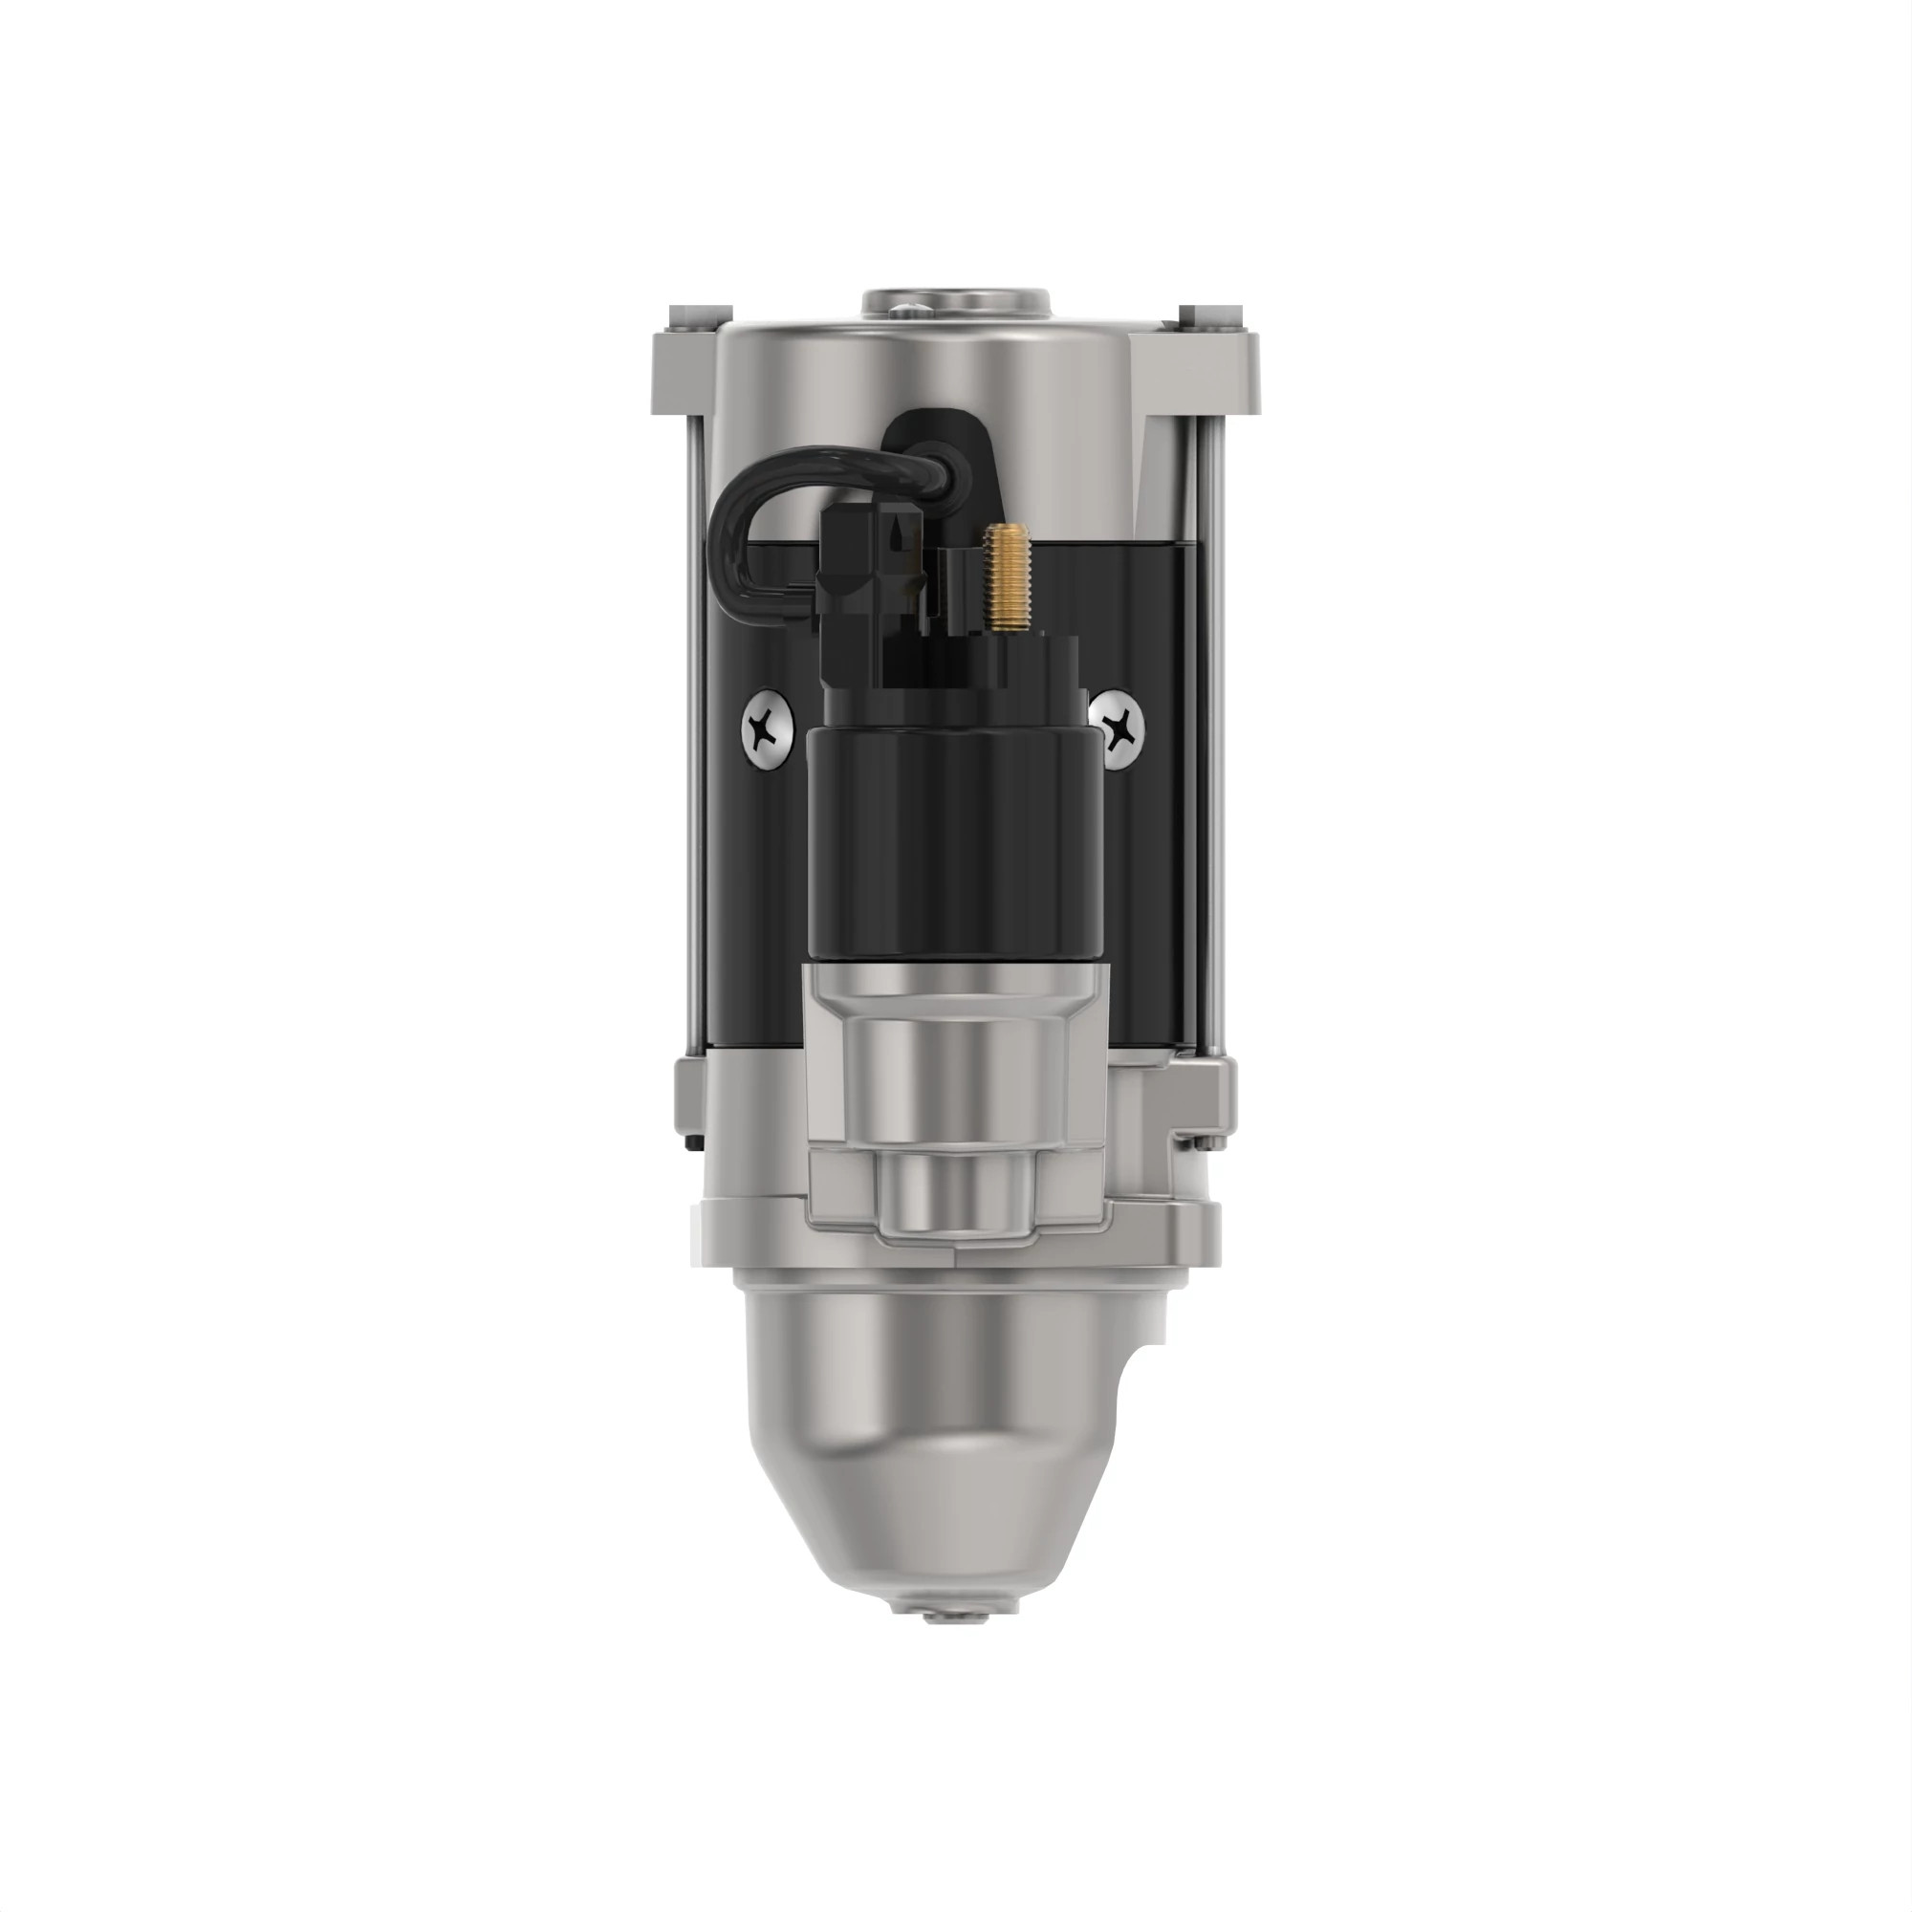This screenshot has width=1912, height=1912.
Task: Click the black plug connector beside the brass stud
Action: click(x=871, y=564)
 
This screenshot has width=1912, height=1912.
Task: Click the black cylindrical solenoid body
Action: click(x=953, y=841)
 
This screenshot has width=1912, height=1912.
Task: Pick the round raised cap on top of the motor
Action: click(x=956, y=302)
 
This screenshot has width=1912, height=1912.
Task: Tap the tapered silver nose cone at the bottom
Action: click(x=930, y=1435)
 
